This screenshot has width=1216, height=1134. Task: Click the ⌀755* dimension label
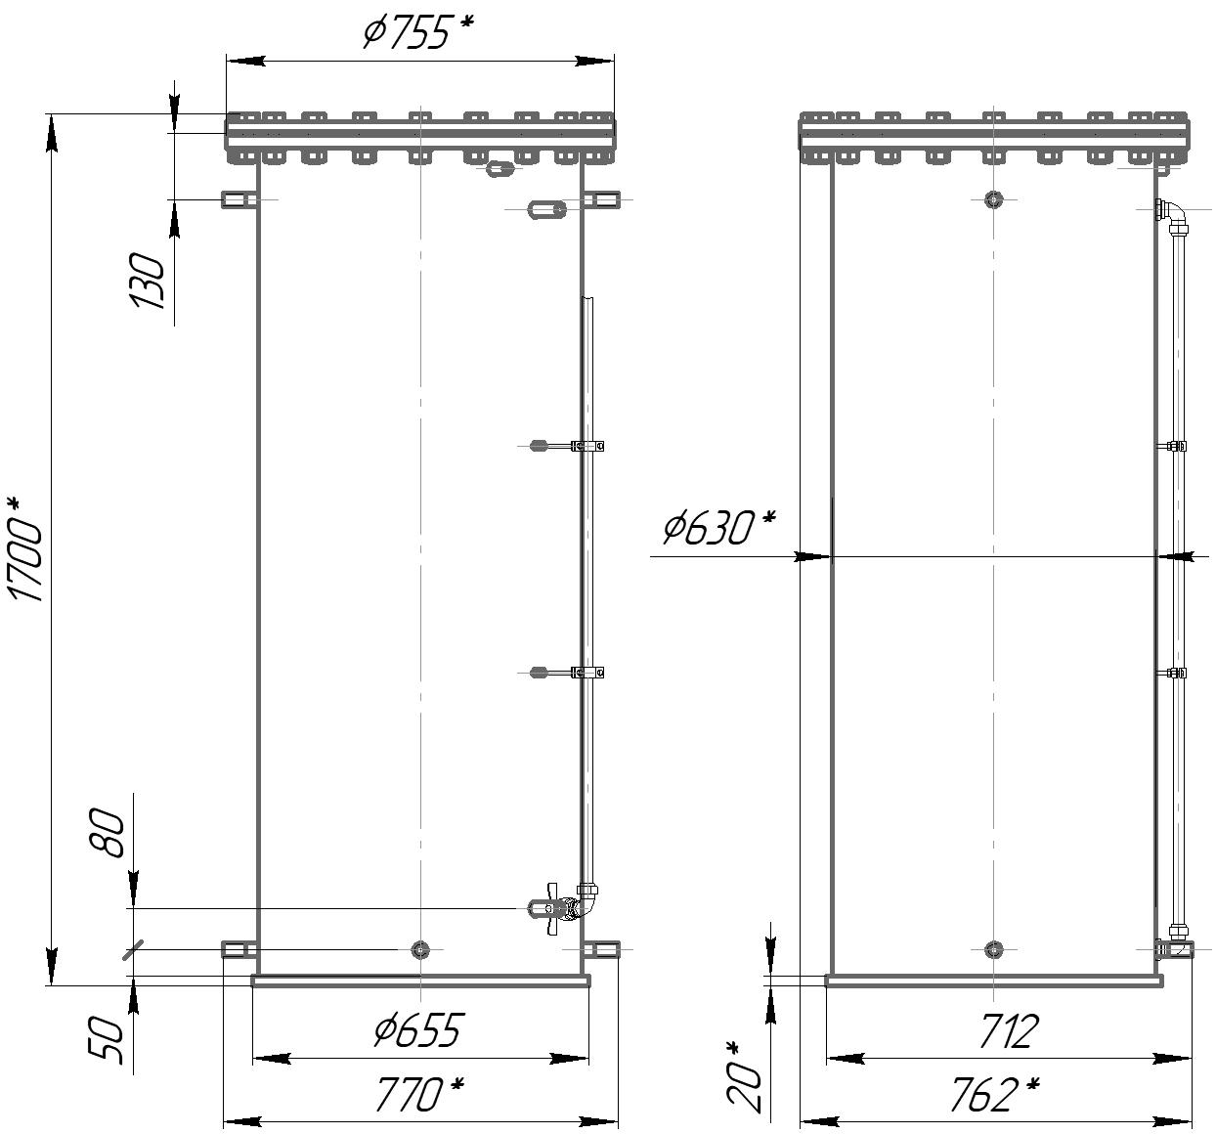point(418,32)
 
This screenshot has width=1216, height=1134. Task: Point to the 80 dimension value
point(108,833)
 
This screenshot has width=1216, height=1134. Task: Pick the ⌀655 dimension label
point(418,1029)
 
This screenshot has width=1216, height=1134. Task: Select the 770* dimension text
point(420,1094)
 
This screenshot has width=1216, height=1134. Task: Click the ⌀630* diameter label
point(719,527)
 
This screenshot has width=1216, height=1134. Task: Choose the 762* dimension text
point(996,1094)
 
